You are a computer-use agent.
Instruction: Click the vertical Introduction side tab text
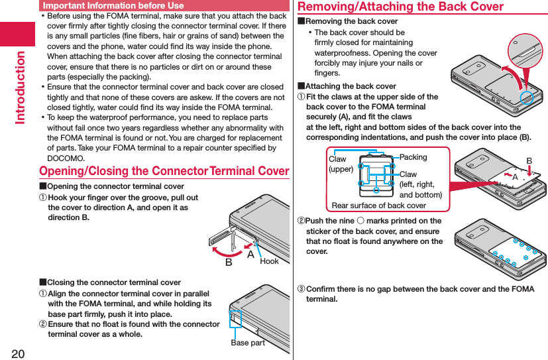tap(18, 87)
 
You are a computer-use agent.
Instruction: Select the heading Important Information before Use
tap(113, 5)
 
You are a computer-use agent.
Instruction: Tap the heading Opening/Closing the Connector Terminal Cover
tap(164, 171)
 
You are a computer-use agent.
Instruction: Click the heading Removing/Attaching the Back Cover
tap(400, 7)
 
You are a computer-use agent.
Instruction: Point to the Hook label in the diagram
tap(269, 261)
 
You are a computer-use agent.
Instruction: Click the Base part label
tap(247, 343)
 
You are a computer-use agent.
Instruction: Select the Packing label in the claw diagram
tap(413, 157)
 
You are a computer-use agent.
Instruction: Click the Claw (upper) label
tap(341, 164)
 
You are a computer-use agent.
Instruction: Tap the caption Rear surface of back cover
tap(378, 206)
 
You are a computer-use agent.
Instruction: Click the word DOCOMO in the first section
tap(66, 158)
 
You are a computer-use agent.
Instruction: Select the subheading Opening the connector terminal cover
tap(115, 186)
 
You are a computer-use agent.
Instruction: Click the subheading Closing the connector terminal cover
tap(113, 282)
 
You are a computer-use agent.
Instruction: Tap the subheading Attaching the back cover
tap(351, 86)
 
